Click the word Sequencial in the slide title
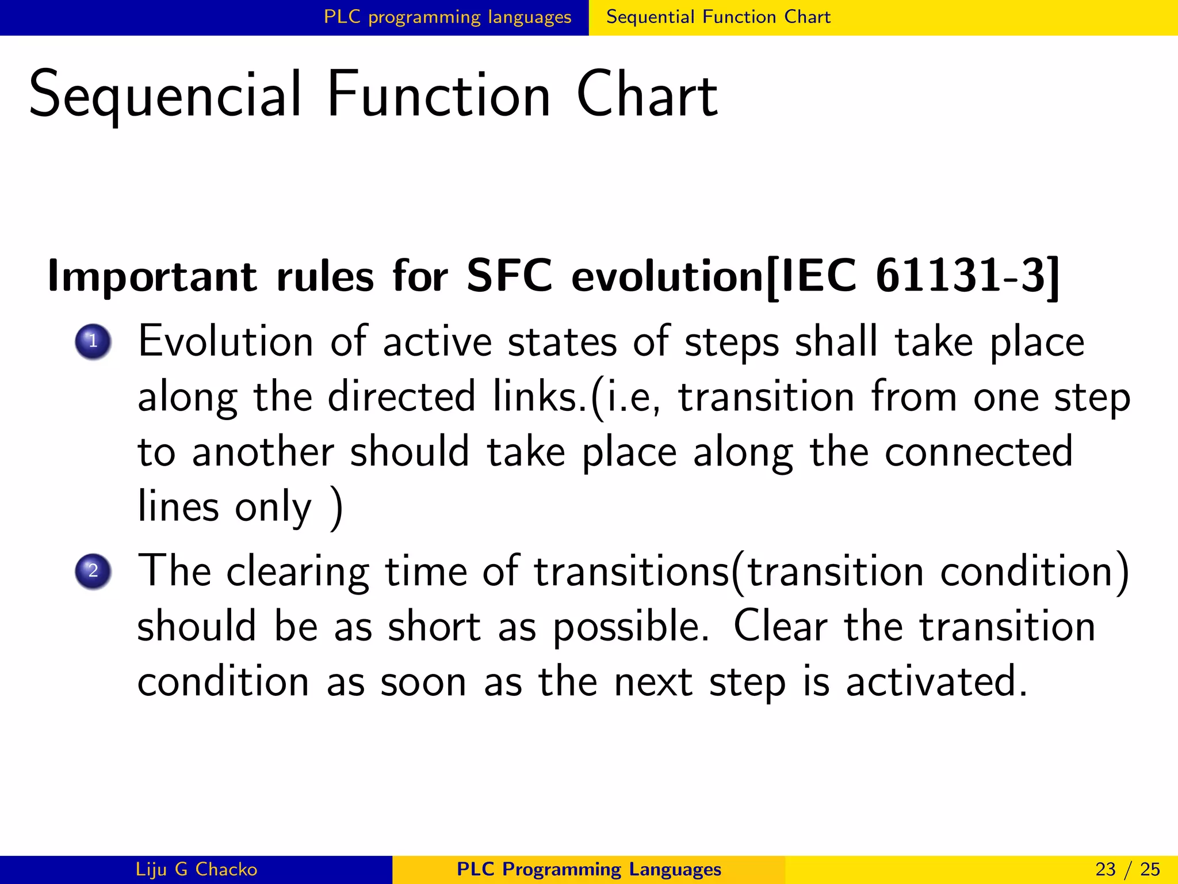point(166,95)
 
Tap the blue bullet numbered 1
point(93,341)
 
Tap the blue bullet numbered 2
point(93,571)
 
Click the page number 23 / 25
point(1127,869)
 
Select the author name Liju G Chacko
point(196,869)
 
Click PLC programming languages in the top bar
point(448,17)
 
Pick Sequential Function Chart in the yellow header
point(718,17)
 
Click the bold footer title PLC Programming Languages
point(588,869)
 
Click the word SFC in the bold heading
point(509,276)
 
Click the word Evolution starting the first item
point(226,341)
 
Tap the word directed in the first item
point(401,397)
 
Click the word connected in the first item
point(978,452)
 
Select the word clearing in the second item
point(297,573)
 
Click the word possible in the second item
point(630,627)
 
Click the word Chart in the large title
point(647,95)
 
